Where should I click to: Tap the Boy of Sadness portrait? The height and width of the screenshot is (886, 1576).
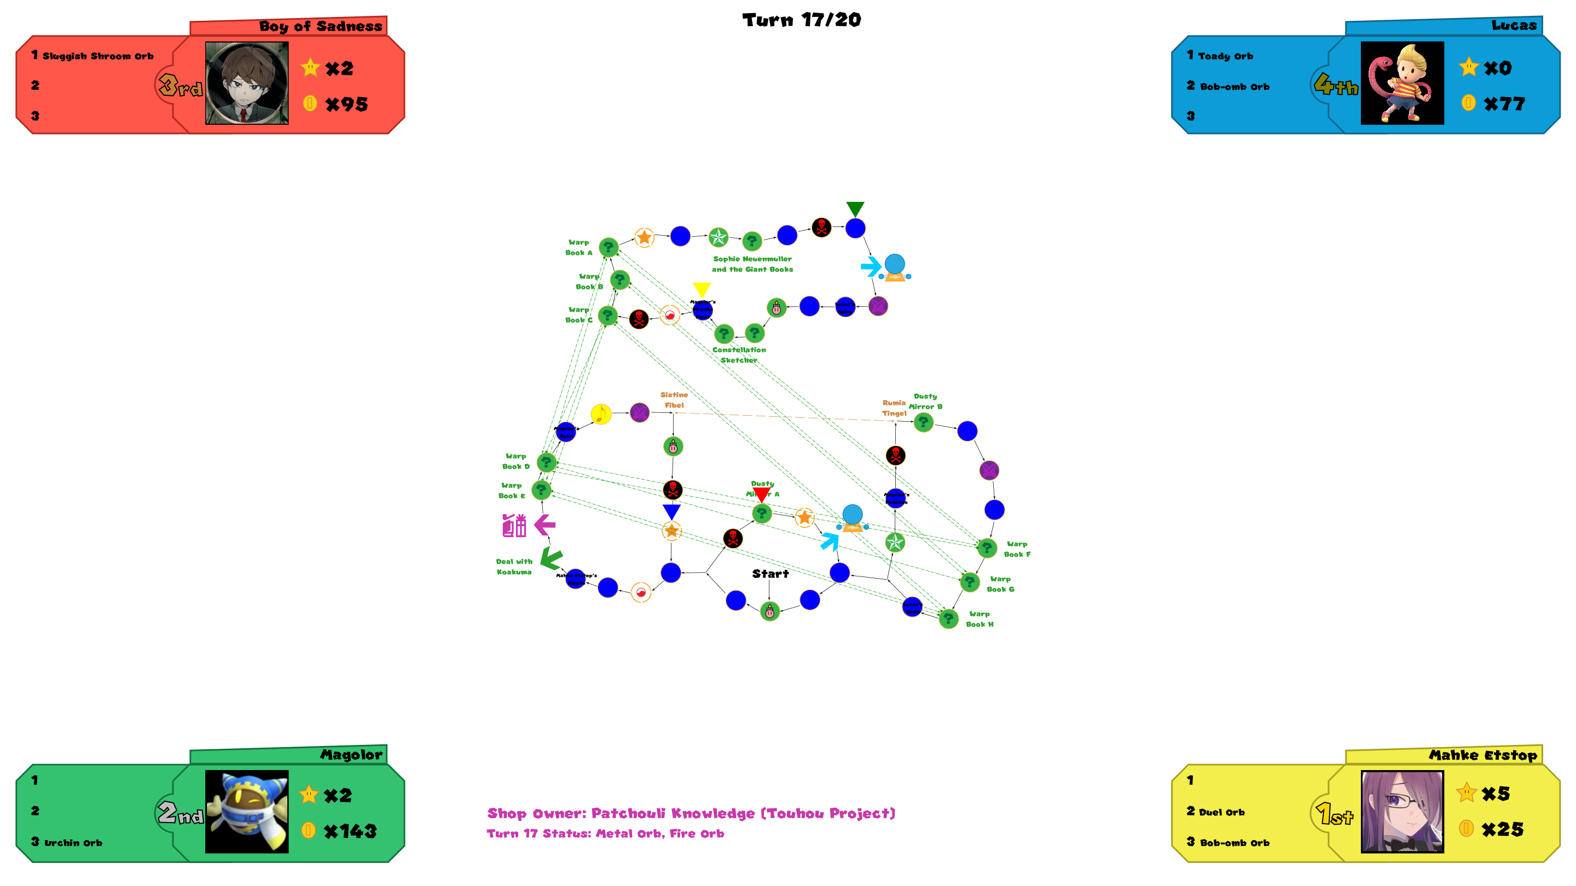click(x=247, y=83)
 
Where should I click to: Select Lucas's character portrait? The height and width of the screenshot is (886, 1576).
click(x=1401, y=83)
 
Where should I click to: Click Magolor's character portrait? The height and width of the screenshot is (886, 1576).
click(x=247, y=812)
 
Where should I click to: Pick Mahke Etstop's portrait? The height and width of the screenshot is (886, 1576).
click(x=1401, y=812)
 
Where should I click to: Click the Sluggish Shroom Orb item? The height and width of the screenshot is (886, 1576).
click(x=98, y=56)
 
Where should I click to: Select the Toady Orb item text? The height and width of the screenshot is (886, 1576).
click(x=1225, y=56)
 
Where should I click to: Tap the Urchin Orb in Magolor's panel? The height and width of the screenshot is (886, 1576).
click(x=73, y=843)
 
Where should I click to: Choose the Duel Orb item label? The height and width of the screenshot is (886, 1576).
click(x=1221, y=812)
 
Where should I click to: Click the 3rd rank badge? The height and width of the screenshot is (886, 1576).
click(x=180, y=86)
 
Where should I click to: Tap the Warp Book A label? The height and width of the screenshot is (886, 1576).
click(x=578, y=248)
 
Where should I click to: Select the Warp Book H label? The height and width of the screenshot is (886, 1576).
click(x=980, y=619)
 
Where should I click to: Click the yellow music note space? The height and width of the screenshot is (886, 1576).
click(x=601, y=414)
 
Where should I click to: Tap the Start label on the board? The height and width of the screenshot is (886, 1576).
click(x=770, y=574)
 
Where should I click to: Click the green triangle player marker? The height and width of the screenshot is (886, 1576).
click(x=855, y=208)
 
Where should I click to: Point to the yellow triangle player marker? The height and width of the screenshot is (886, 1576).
click(x=702, y=289)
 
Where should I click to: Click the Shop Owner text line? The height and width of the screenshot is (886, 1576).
click(x=691, y=813)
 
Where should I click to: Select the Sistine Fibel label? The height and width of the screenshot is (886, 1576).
click(x=674, y=400)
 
